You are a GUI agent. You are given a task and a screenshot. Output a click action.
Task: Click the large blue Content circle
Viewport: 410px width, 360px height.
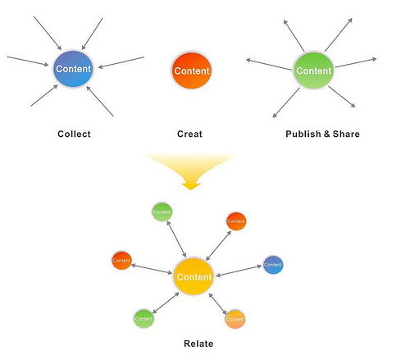73,69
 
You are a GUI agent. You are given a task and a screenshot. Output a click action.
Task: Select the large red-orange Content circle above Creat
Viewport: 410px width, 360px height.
192,71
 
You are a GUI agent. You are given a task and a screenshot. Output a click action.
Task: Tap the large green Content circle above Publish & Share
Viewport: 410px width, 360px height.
314,71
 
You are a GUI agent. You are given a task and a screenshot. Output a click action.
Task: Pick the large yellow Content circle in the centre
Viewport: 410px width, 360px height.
194,276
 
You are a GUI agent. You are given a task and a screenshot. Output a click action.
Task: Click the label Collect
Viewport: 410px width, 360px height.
74,134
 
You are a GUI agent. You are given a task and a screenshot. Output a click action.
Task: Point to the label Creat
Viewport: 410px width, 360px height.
189,134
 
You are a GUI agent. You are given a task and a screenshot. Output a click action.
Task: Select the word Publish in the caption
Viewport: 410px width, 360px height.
303,134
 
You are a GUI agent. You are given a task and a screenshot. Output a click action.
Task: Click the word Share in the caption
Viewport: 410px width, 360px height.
346,134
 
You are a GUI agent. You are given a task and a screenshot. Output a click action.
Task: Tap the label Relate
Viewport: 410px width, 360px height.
198,344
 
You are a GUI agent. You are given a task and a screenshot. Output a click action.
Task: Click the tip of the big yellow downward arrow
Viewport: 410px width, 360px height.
191,189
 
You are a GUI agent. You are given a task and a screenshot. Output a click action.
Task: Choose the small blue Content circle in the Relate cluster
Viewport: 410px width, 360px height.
273,265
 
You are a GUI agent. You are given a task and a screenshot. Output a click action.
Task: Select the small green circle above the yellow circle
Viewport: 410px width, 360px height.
162,212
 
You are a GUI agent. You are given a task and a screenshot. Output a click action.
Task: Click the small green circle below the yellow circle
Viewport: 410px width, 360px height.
143,319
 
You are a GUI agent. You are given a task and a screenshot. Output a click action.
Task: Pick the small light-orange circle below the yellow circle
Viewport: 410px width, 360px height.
235,319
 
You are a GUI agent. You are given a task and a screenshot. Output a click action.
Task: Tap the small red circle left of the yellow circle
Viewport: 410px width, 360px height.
121,261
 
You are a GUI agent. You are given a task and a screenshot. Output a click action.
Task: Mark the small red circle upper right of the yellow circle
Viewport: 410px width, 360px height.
236,221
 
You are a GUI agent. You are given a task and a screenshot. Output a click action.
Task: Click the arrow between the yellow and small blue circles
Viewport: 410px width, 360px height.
239,271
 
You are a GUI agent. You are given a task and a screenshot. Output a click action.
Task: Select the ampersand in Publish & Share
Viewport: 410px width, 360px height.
327,134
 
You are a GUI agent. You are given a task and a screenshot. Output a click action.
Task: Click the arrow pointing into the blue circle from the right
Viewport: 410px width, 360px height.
121,62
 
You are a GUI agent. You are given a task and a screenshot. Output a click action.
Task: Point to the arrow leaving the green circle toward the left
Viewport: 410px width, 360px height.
269,65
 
